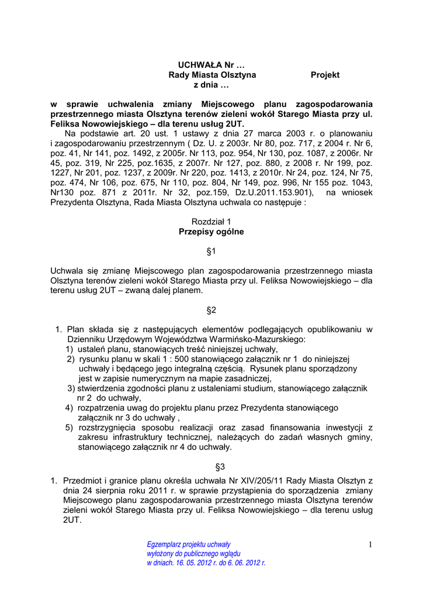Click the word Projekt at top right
pyautogui.click(x=325, y=75)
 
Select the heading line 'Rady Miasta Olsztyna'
pyautogui.click(x=212, y=75)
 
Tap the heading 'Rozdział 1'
pyautogui.click(x=211, y=221)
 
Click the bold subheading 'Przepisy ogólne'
pyautogui.click(x=211, y=231)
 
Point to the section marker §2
pyautogui.click(x=211, y=310)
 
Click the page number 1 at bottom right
pyautogui.click(x=370, y=545)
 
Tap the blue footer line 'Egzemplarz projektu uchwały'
pyautogui.click(x=188, y=544)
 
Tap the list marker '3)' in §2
pyautogui.click(x=71, y=388)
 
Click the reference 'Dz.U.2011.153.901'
pyautogui.click(x=275, y=192)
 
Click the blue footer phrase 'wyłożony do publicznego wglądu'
pyautogui.click(x=193, y=554)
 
